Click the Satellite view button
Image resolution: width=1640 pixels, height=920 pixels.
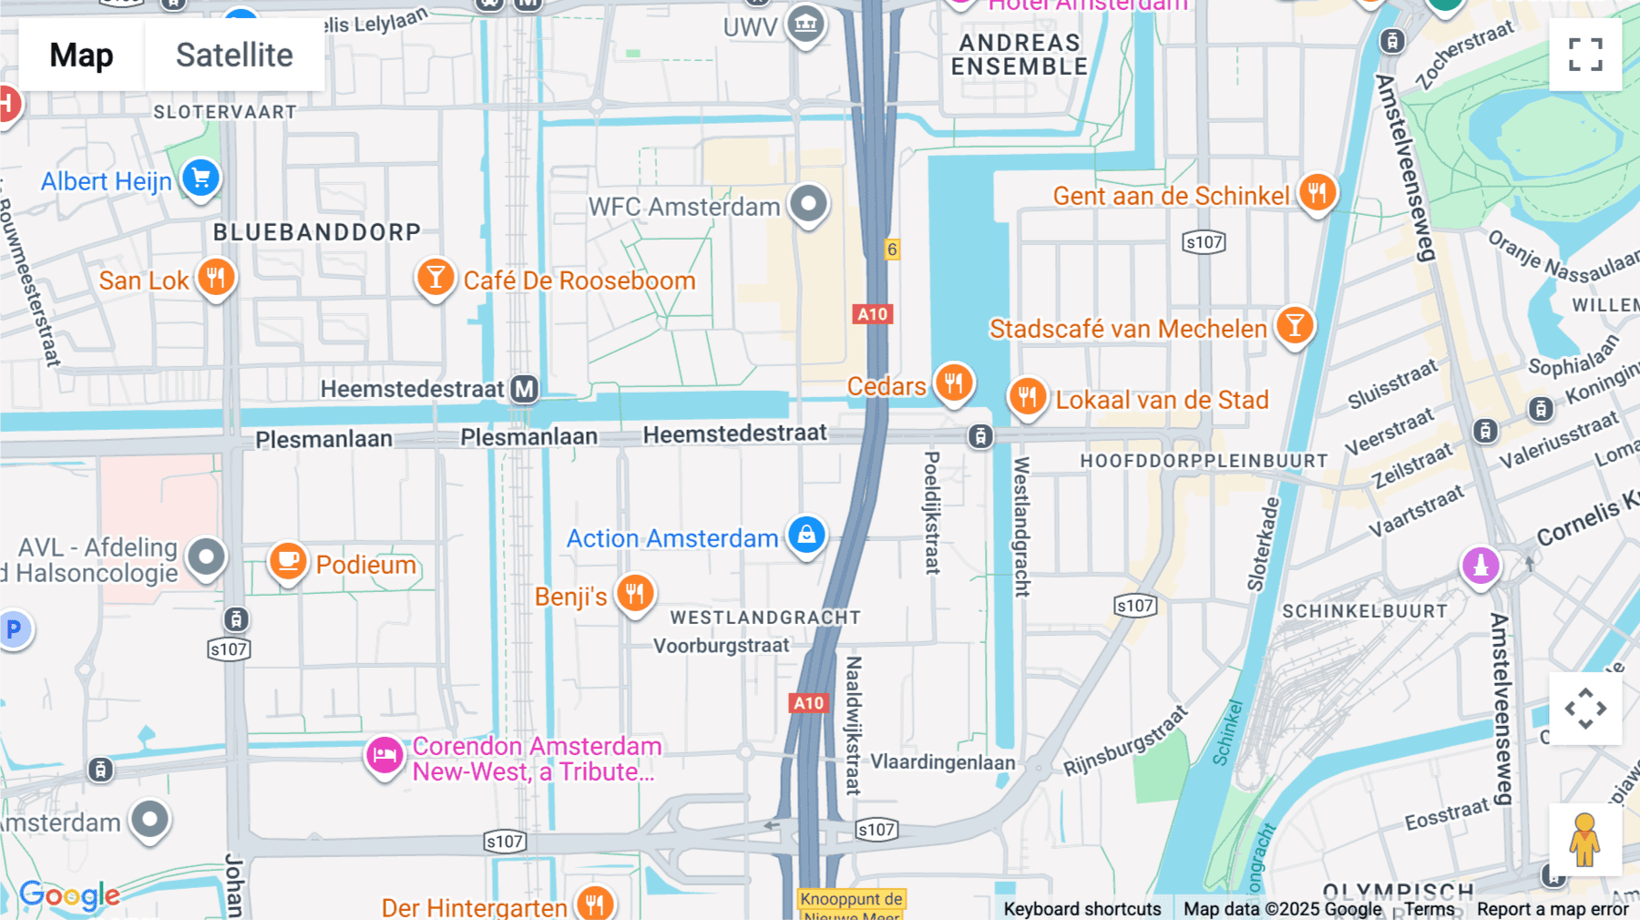234,55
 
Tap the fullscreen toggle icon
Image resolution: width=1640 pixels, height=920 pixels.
1585,55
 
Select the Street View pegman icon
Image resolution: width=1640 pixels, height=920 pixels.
1585,840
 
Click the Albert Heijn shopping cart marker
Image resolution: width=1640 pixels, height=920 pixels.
201,178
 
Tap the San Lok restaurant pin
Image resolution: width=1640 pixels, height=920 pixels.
216,277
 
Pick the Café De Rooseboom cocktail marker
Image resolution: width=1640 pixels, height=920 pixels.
436,277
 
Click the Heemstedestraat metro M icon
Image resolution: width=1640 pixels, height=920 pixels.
524,389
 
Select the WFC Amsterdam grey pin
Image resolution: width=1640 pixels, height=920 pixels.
808,203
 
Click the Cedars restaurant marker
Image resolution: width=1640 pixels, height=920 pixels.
954,383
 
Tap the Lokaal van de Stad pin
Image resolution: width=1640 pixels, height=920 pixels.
1027,396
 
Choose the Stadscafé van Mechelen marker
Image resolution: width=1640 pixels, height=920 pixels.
1294,324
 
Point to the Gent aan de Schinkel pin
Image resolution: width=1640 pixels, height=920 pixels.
1317,192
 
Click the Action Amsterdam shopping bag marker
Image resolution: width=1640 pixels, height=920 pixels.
806,535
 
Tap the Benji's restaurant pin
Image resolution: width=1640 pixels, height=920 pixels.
635,593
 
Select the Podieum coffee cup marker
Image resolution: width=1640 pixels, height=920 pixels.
288,561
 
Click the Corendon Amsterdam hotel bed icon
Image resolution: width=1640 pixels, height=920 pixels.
384,755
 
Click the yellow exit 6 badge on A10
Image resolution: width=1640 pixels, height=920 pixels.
892,250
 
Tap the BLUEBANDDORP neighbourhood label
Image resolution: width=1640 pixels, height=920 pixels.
317,232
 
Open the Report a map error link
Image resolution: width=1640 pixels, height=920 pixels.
1553,909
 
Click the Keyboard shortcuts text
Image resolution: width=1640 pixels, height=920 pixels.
1081,909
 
